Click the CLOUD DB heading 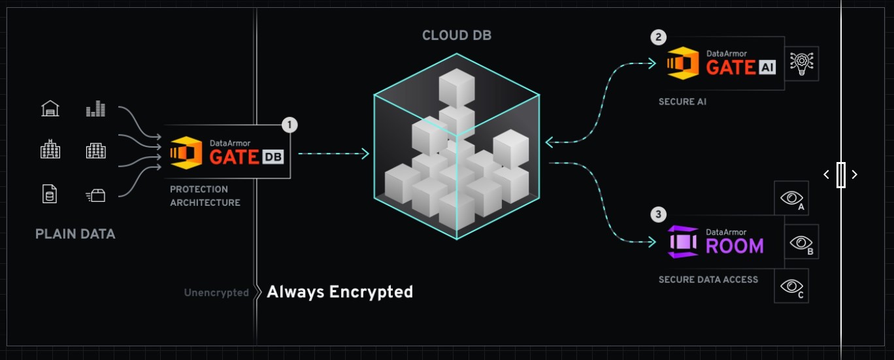click(456, 35)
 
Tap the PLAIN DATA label click(75, 234)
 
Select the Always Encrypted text click(340, 291)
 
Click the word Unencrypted click(216, 293)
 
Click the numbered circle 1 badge click(290, 125)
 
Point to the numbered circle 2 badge click(659, 37)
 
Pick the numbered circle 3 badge click(659, 214)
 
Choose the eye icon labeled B click(801, 243)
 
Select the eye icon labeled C click(791, 286)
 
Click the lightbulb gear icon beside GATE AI click(801, 63)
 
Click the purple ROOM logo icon click(684, 242)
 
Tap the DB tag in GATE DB click(273, 157)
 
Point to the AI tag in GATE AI click(768, 67)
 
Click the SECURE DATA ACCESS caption click(708, 280)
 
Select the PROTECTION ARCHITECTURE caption click(205, 196)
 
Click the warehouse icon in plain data click(50, 109)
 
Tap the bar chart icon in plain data click(95, 109)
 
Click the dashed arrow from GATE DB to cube click(333, 154)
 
